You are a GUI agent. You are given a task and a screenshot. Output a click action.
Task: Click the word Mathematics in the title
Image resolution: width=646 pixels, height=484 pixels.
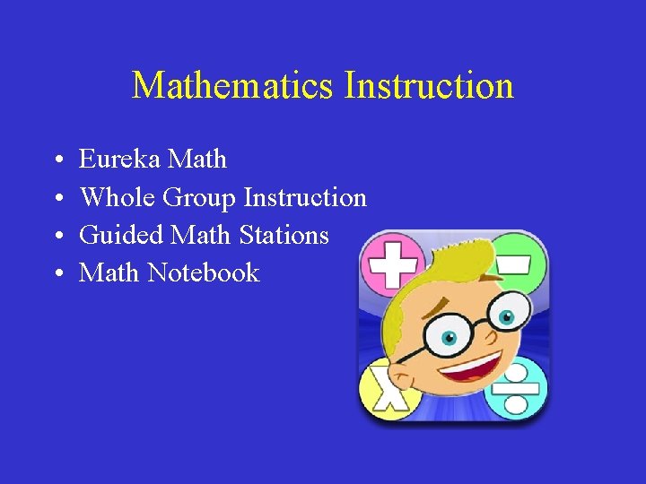point(234,86)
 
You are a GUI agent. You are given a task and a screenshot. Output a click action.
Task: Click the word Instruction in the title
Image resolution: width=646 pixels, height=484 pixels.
point(429,86)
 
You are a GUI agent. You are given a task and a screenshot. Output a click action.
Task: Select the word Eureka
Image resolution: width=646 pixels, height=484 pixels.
point(119,160)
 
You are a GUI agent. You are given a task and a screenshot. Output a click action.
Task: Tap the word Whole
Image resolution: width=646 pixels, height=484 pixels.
point(118,197)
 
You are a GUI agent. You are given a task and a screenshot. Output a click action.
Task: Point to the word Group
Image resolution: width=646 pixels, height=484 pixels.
point(199,198)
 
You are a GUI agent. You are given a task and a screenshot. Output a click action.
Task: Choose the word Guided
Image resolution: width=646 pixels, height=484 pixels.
point(121,235)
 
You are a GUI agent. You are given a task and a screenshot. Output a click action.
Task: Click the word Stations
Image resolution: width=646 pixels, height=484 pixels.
point(284,235)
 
